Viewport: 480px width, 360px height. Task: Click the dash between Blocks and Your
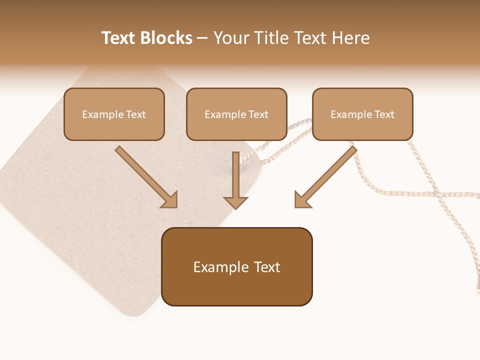click(x=202, y=38)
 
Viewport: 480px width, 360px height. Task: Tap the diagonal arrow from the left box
click(x=145, y=175)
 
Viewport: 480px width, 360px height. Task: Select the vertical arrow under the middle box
click(x=235, y=177)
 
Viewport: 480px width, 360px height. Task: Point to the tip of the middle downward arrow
click(x=235, y=207)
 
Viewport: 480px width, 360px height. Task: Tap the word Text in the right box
click(x=384, y=114)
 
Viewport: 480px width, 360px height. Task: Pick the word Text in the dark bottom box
click(x=267, y=267)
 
